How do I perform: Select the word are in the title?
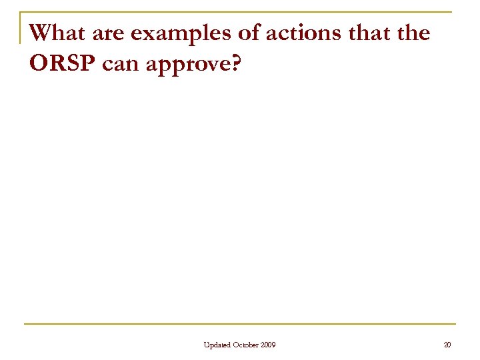click(103, 32)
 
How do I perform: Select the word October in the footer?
click(246, 345)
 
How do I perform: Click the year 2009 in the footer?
click(268, 345)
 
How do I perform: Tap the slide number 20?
click(447, 345)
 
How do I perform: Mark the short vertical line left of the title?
click(21, 28)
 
